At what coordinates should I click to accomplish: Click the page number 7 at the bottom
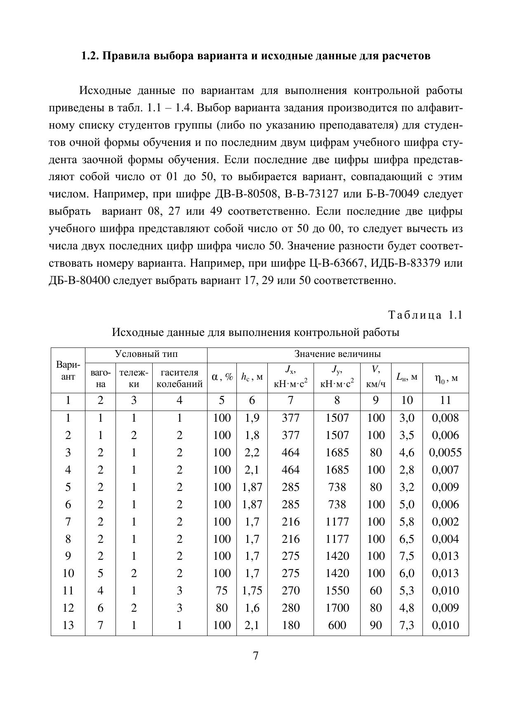pyautogui.click(x=256, y=656)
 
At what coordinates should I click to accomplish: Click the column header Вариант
pyautogui.click(x=68, y=371)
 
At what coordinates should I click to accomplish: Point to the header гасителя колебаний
pyautogui.click(x=179, y=378)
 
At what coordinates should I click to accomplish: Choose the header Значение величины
pyautogui.click(x=337, y=354)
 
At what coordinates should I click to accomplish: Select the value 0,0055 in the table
pyautogui.click(x=446, y=453)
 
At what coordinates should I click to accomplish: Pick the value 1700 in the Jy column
pyautogui.click(x=337, y=608)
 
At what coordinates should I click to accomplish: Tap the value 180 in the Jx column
pyautogui.click(x=290, y=625)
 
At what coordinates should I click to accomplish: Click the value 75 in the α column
pyautogui.click(x=222, y=591)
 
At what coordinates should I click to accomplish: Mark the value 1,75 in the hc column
pyautogui.click(x=252, y=591)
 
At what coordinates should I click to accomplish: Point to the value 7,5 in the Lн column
pyautogui.click(x=407, y=556)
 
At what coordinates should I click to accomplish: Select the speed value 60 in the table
pyautogui.click(x=376, y=591)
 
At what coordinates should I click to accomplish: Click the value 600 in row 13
pyautogui.click(x=337, y=625)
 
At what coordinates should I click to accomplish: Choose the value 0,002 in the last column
pyautogui.click(x=446, y=522)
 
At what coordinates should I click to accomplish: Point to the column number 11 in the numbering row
pyautogui.click(x=446, y=400)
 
